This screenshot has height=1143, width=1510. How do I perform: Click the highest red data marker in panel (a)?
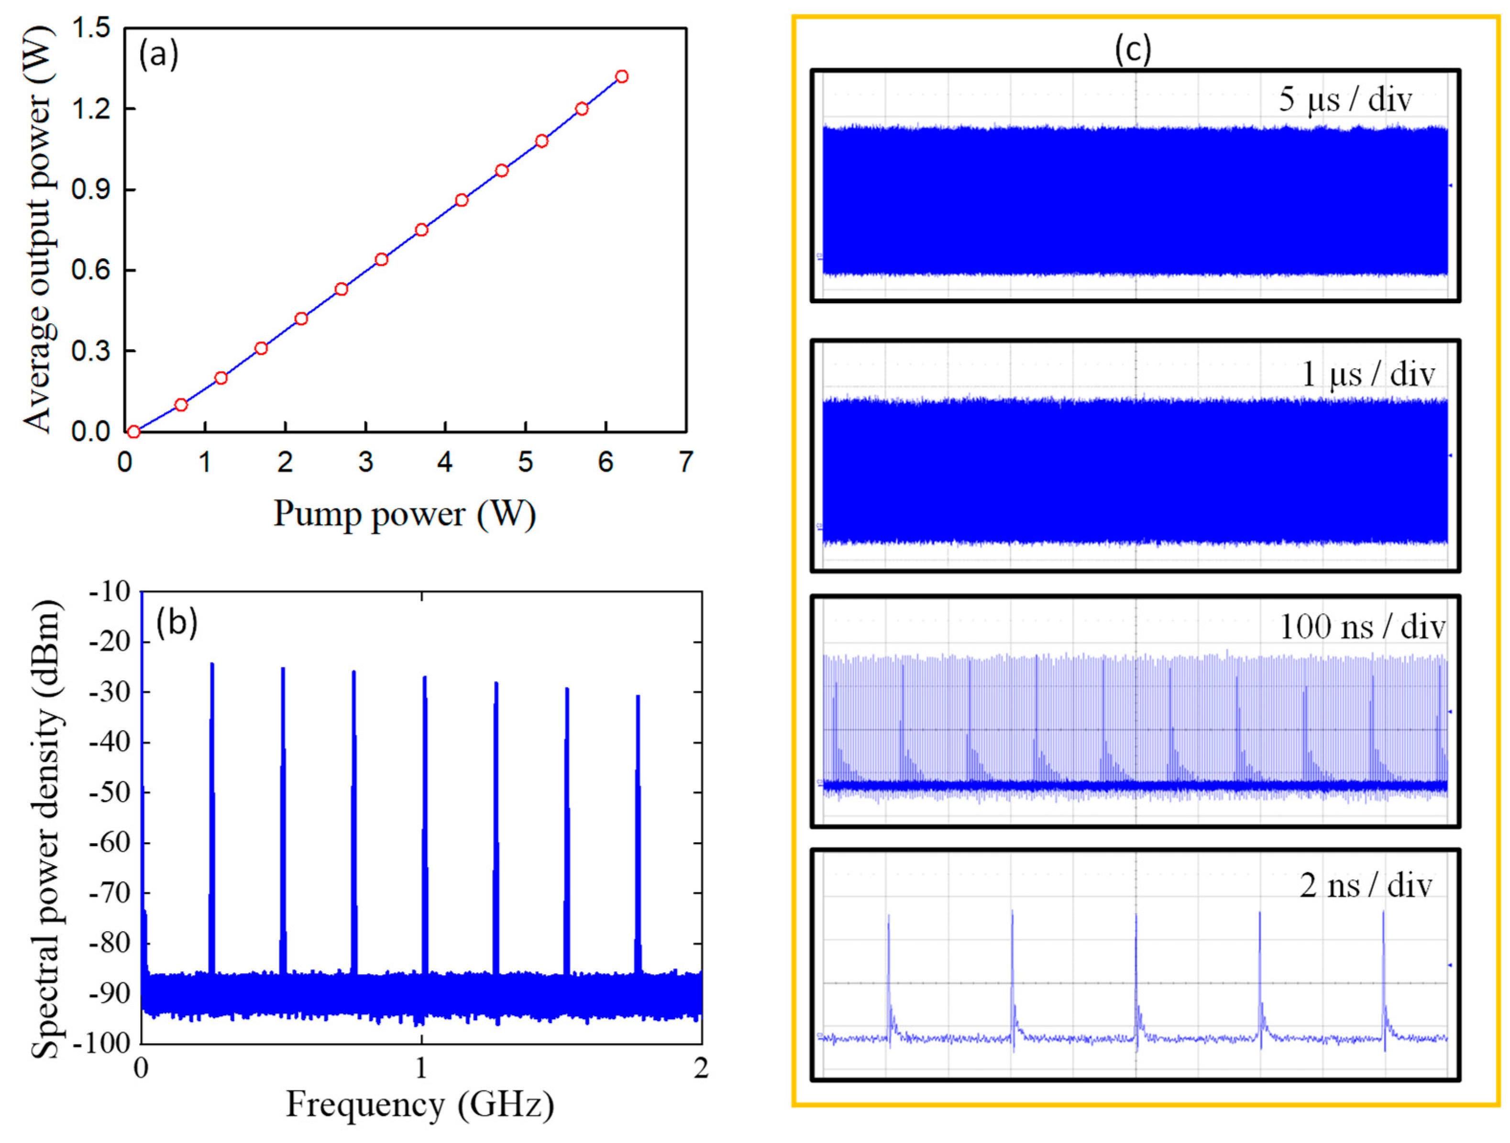(x=621, y=77)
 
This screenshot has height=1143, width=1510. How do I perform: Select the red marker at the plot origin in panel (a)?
(x=134, y=431)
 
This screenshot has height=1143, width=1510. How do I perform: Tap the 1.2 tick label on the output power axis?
(x=90, y=109)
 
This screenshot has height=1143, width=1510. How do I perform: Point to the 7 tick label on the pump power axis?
(x=685, y=462)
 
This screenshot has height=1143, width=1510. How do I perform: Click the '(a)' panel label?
(x=158, y=55)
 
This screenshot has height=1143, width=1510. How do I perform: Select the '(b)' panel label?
(x=176, y=622)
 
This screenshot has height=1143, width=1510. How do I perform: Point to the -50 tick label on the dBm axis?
(x=109, y=793)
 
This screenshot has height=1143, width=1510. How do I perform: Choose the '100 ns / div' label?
(x=1362, y=626)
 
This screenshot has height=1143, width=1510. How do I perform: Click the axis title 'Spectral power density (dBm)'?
(x=46, y=829)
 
